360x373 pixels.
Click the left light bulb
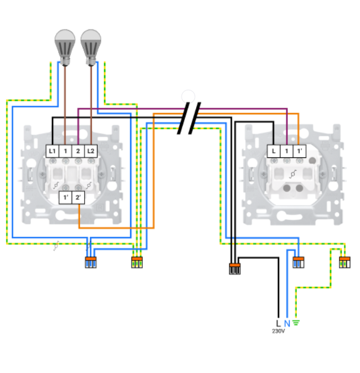(x=64, y=44)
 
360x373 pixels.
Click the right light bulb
(x=91, y=44)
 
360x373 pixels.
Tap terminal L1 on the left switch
(x=52, y=151)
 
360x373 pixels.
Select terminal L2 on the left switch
(x=91, y=151)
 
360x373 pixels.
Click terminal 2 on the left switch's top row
(x=78, y=151)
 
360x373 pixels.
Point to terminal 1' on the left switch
(x=65, y=197)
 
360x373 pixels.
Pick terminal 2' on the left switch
(x=78, y=197)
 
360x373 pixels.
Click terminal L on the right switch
(x=274, y=151)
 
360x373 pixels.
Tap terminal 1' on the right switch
(x=299, y=151)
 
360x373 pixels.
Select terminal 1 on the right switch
(x=286, y=151)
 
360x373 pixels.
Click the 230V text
(x=278, y=331)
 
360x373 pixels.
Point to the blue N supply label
(x=287, y=323)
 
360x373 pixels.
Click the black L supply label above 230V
(x=278, y=323)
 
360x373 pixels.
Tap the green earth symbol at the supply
(x=296, y=323)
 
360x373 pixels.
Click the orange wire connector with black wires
(x=235, y=269)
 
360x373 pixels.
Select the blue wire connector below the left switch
(x=90, y=263)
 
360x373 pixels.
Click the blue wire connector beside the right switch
(x=299, y=263)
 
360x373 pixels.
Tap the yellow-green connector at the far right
(x=345, y=263)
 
